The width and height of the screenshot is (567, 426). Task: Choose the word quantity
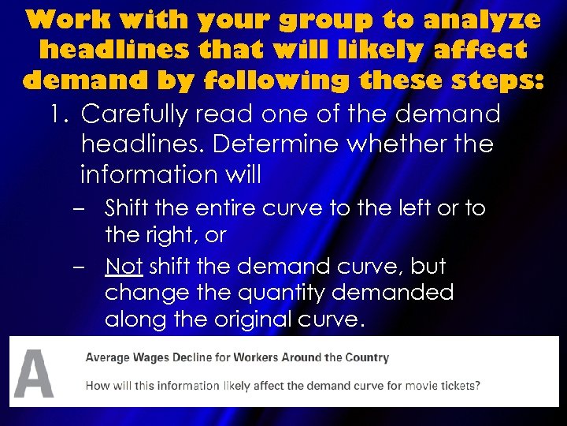[x=290, y=293]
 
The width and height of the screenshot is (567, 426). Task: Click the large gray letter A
[x=34, y=373]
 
